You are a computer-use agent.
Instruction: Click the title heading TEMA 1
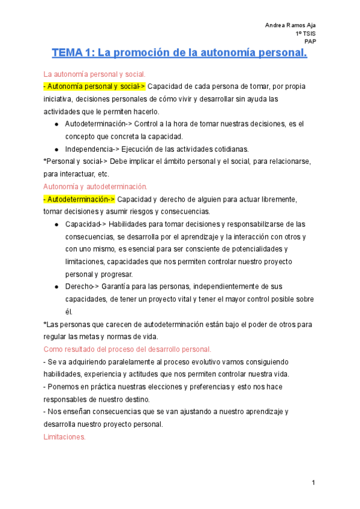[179, 53]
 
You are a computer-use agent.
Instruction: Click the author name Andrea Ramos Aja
[290, 25]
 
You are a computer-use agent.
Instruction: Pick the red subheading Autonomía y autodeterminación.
[95, 186]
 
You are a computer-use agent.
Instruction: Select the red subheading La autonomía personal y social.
[94, 74]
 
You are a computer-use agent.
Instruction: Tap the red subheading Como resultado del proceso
[127, 349]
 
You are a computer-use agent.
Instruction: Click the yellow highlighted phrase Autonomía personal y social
[94, 87]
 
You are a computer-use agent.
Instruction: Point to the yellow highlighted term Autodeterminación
[79, 199]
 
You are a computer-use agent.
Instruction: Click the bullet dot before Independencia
[56, 149]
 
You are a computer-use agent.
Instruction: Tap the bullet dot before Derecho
[56, 287]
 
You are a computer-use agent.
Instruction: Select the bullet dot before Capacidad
[56, 224]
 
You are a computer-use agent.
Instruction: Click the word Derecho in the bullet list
[79, 286]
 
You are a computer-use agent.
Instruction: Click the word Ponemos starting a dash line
[64, 386]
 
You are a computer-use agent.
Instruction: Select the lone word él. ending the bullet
[68, 312]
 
